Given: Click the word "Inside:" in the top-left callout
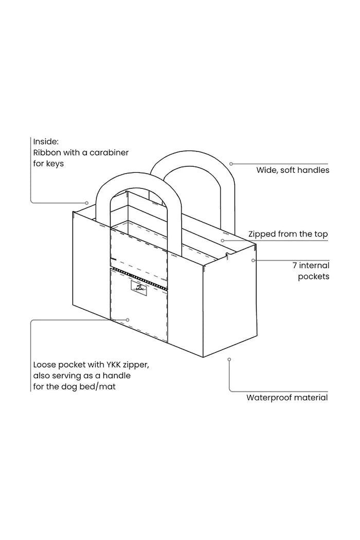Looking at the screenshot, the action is coord(46,141).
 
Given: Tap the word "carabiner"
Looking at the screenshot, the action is coord(109,153).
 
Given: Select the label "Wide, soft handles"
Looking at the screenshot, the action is coord(293,170).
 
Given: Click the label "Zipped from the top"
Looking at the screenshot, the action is coord(288,234).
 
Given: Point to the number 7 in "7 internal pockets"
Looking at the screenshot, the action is coord(295,265).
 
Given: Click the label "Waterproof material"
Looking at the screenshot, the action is coord(287,398).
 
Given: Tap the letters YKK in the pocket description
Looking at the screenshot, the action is coord(110,365).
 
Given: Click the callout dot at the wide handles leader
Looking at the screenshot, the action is coord(231,164).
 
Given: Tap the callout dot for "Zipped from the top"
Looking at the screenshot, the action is coord(223,240).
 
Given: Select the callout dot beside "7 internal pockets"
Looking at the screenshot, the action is coord(253,260).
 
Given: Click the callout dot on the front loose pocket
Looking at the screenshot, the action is coord(128,320).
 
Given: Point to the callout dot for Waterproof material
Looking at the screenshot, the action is coord(229,359).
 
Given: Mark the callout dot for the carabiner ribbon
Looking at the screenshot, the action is coord(87,203).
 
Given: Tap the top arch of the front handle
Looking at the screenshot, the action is coord(138,182).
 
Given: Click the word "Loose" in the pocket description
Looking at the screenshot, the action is coord(44,365).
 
